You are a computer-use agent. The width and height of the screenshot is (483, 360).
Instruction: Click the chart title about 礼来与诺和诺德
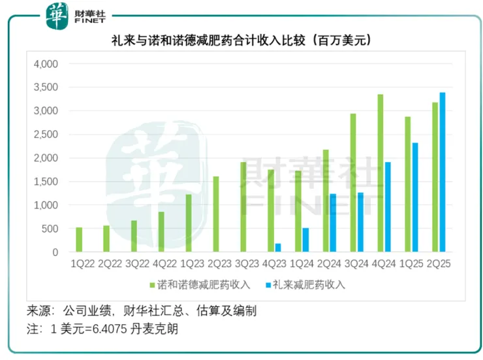click(x=241, y=41)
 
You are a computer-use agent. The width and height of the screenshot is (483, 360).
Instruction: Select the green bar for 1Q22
click(x=79, y=240)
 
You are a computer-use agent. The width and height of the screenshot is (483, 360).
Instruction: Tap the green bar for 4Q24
click(x=380, y=173)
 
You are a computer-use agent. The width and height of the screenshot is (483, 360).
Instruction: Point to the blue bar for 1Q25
click(x=414, y=197)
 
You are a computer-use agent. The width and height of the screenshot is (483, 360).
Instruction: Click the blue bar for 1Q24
click(x=305, y=240)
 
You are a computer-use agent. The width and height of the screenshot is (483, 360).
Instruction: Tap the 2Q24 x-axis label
click(x=328, y=265)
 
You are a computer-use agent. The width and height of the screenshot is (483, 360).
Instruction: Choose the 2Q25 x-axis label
click(x=438, y=265)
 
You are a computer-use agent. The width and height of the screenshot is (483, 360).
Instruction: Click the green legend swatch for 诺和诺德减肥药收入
click(x=152, y=285)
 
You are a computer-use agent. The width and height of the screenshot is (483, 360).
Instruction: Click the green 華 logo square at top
click(x=56, y=15)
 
